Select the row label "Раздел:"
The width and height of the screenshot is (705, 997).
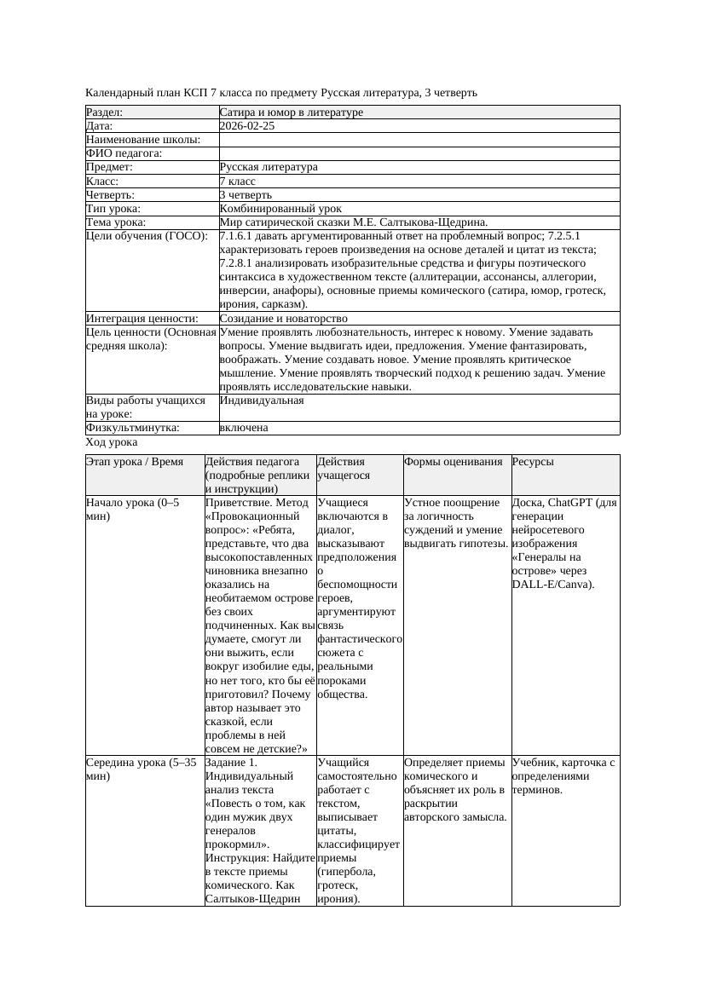(105, 112)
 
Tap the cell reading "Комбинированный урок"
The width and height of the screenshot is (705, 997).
(280, 209)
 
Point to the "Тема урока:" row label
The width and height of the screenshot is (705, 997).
(116, 222)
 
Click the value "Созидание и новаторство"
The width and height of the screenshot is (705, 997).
(280, 319)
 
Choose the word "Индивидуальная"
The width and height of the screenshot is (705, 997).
(261, 400)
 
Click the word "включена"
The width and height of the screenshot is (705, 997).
(243, 428)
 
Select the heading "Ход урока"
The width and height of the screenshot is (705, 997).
(111, 443)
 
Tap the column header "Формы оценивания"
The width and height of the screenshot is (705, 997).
(453, 462)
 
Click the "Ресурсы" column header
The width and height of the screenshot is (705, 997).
(532, 462)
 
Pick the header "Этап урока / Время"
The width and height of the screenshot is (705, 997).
(134, 462)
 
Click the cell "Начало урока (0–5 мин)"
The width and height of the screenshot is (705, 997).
(133, 510)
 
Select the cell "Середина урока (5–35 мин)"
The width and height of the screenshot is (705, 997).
(141, 769)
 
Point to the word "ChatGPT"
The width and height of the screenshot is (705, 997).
(573, 503)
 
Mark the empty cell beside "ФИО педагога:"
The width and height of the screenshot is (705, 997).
(418, 153)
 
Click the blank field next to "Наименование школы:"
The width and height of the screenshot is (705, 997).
(418, 140)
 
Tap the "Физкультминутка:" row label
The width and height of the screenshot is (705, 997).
(132, 428)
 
